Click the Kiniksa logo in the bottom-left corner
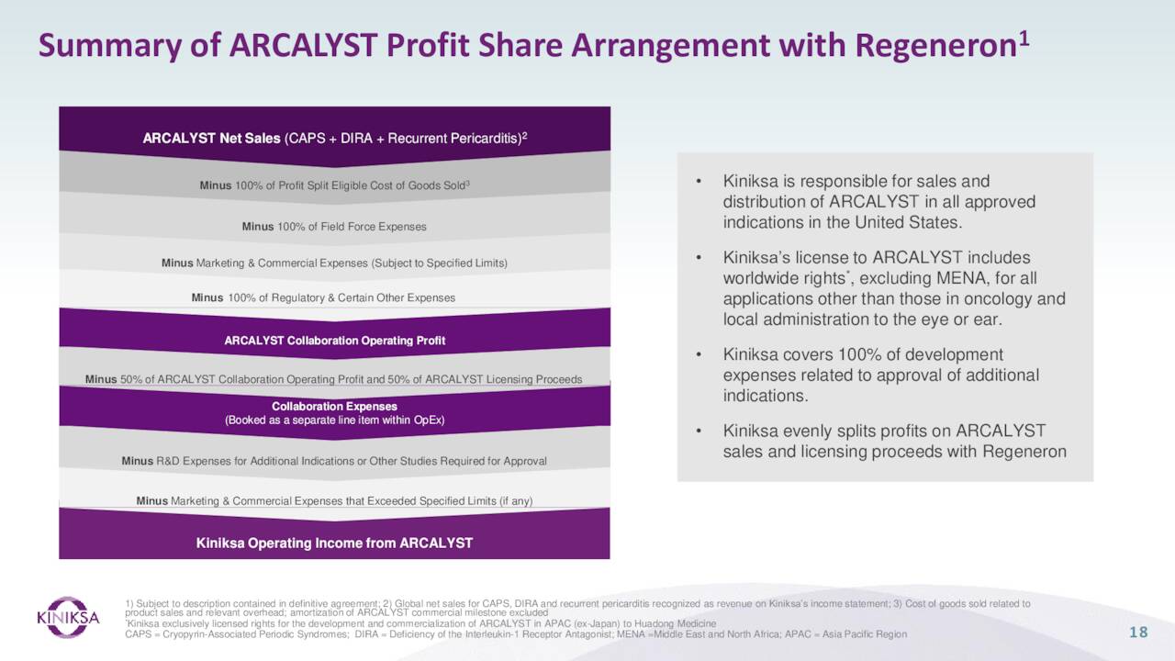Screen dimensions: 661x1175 pos(67,617)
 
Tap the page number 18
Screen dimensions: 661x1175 pos(1138,632)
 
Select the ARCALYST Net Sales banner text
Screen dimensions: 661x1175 pos(334,139)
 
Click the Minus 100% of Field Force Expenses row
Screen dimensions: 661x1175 pos(334,226)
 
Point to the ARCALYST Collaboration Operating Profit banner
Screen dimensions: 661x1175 pos(334,341)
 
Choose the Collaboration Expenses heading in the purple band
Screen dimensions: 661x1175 pos(334,406)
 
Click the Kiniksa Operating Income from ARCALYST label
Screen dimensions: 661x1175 pos(334,543)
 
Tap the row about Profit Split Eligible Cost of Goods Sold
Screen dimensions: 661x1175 pos(334,185)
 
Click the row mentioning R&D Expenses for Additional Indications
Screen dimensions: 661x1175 pos(334,461)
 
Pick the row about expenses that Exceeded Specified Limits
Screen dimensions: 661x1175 pos(334,500)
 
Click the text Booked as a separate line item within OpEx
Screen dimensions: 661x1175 pos(334,420)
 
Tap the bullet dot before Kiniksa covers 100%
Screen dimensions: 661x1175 pos(699,355)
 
